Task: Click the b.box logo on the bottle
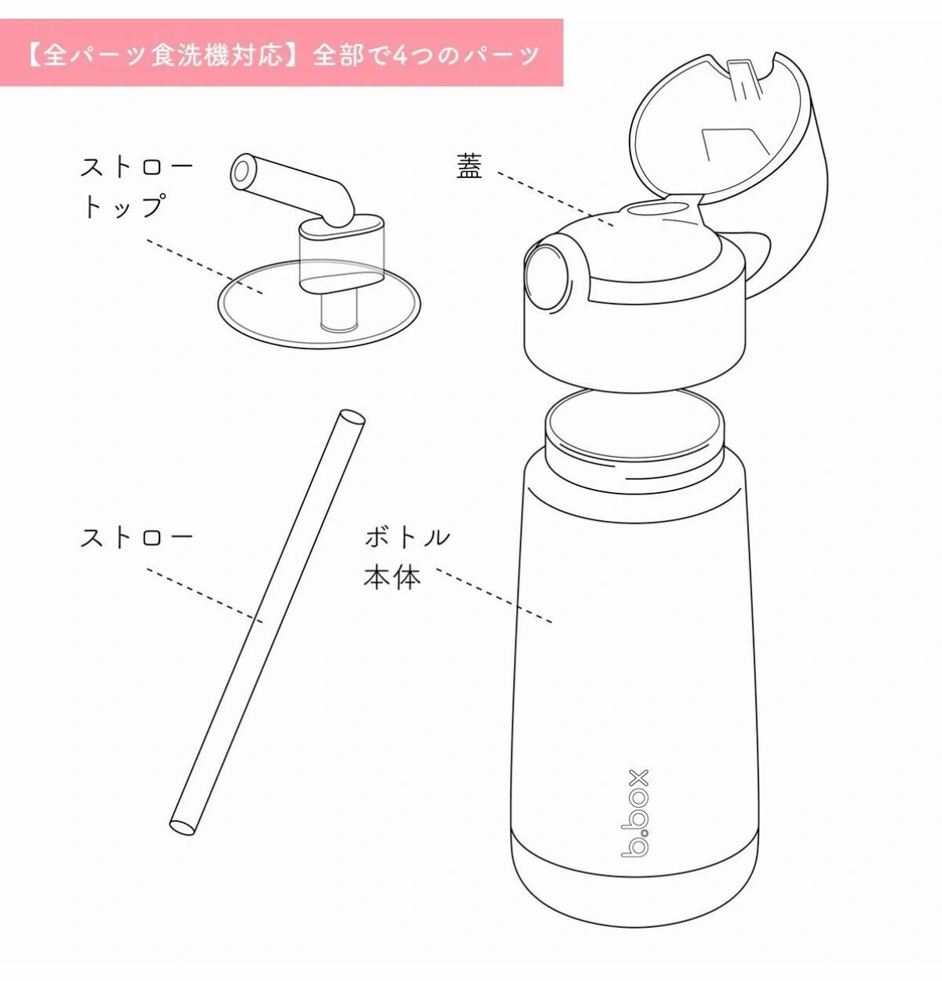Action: click(634, 812)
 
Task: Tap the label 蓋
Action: click(469, 166)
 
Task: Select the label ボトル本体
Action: click(406, 558)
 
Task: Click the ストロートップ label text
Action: click(137, 186)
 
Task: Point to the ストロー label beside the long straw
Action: click(137, 537)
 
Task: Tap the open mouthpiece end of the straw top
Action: click(242, 171)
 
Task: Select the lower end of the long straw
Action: click(183, 827)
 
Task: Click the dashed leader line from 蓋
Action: click(555, 199)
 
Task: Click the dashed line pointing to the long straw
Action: click(205, 596)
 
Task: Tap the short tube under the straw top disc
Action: click(339, 312)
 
